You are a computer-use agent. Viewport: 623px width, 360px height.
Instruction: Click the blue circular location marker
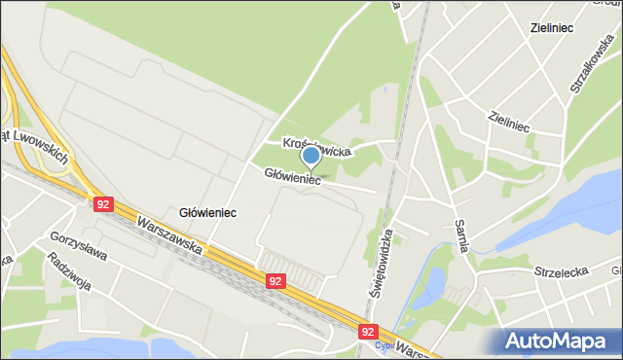pyautogui.click(x=311, y=155)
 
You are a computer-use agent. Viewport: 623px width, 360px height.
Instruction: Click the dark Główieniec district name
pyautogui.click(x=208, y=211)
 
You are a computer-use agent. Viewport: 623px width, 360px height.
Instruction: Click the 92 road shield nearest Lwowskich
pyautogui.click(x=104, y=204)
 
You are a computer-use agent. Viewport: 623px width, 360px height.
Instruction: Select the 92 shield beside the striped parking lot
pyautogui.click(x=277, y=280)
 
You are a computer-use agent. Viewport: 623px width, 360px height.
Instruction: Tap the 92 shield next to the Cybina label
pyautogui.click(x=367, y=331)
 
